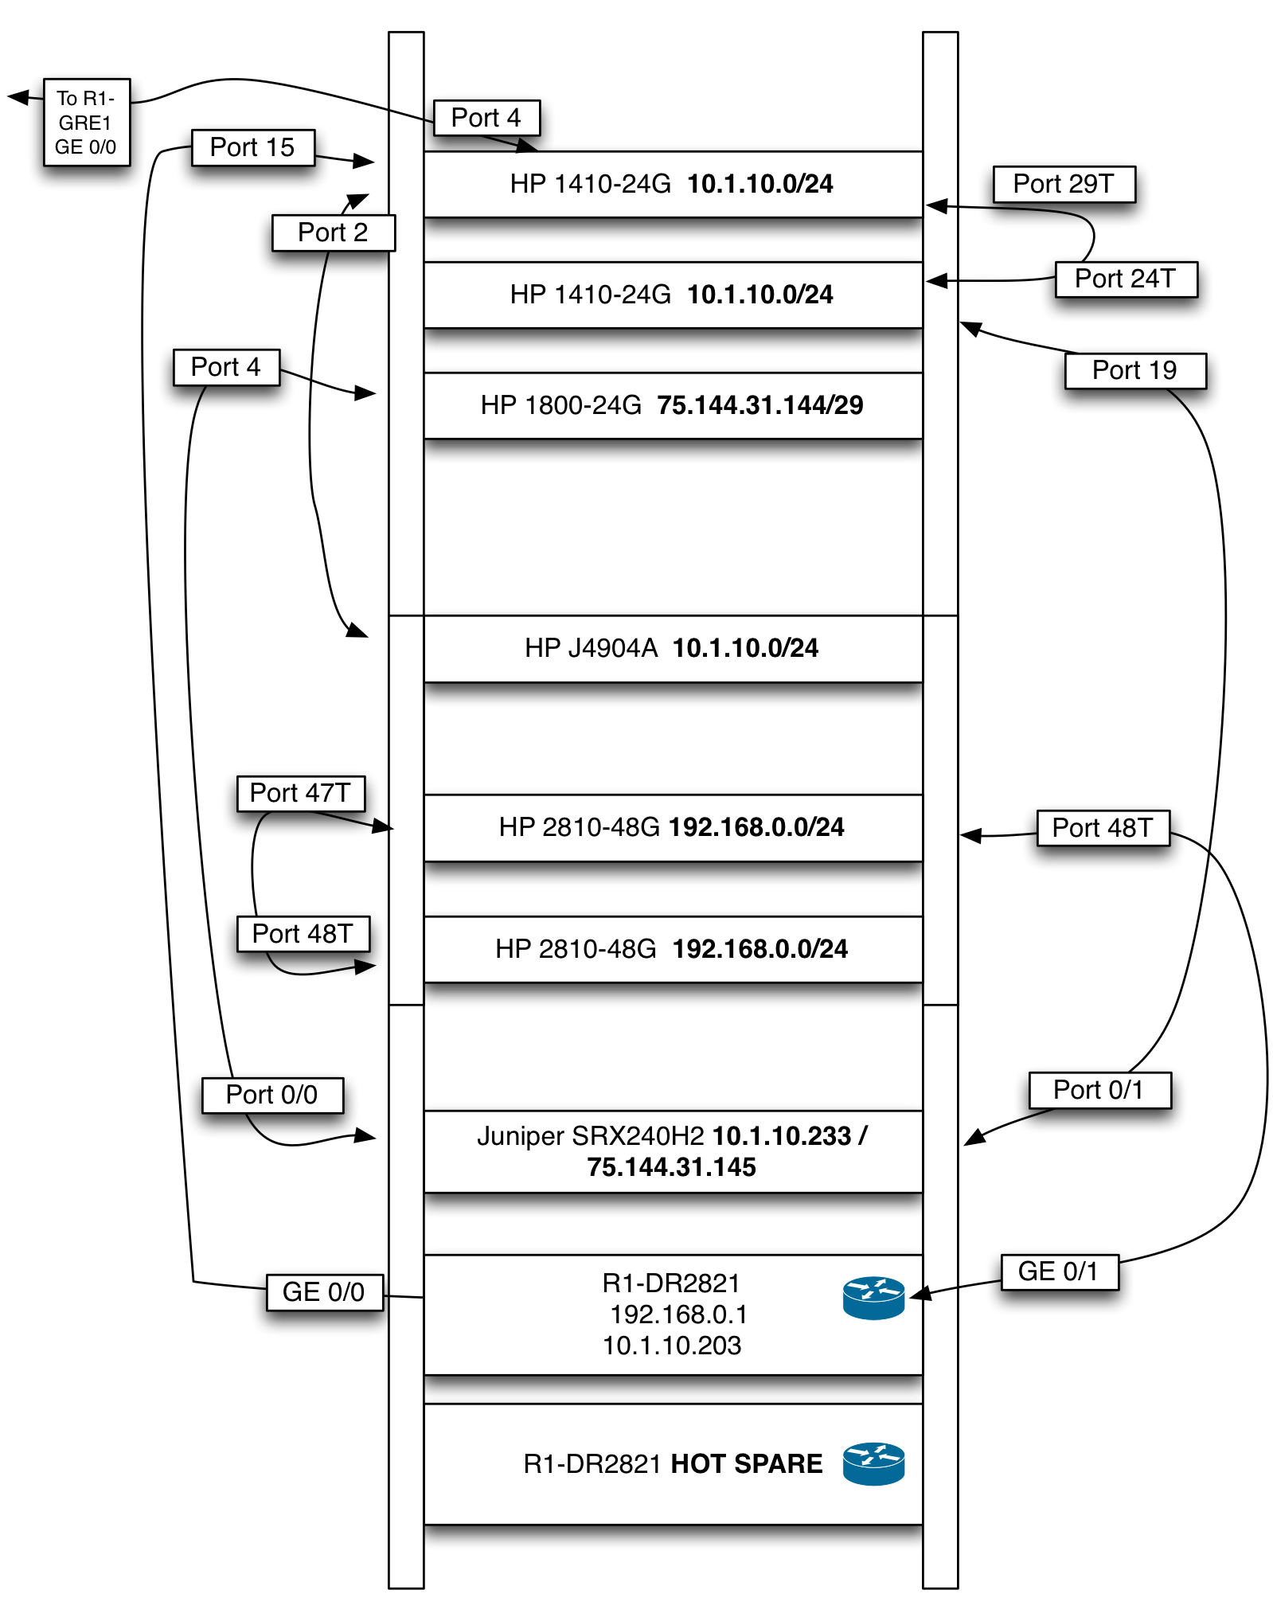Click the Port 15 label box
252,147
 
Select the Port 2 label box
333,232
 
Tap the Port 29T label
1063,184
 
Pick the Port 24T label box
1125,279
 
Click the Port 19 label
1134,370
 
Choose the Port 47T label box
300,793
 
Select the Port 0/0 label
271,1095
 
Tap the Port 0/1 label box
1099,1090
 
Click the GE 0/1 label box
1058,1271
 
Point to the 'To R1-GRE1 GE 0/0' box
86,123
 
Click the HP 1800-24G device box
672,405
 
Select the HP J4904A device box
672,648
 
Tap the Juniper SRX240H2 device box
672,1151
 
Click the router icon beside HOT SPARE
873,1463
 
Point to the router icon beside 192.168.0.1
873,1298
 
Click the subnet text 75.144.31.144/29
760,405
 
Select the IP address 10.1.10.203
672,1346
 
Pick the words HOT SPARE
746,1463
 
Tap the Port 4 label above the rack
486,118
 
